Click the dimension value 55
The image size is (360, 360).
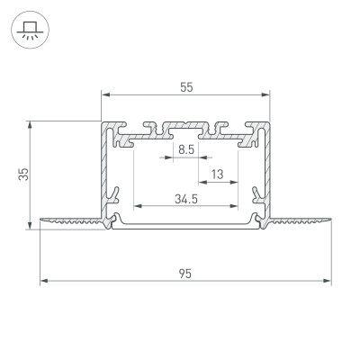coord(186,86)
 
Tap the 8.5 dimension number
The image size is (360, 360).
coord(186,148)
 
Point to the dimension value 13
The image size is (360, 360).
coord(218,173)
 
